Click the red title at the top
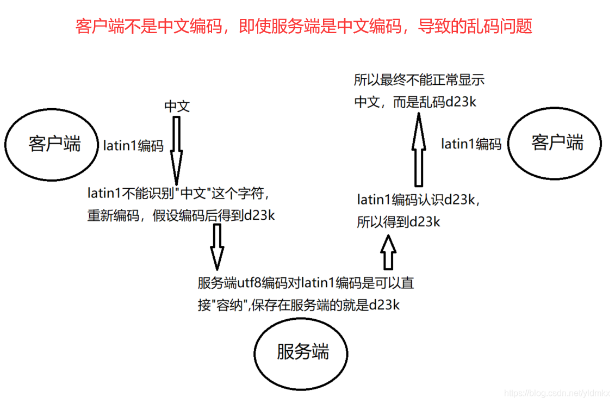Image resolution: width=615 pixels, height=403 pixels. (304, 26)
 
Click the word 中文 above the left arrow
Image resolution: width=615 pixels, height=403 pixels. (177, 106)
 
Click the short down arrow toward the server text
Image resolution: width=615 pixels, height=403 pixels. (217, 246)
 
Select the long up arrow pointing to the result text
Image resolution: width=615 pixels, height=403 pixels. (418, 150)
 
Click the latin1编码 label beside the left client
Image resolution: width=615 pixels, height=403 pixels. (133, 146)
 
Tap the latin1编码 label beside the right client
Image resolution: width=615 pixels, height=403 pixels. (471, 144)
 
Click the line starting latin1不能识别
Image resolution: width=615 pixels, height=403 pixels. (178, 193)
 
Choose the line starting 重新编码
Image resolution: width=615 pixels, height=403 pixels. (181, 215)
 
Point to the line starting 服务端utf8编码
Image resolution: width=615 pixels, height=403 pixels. (306, 283)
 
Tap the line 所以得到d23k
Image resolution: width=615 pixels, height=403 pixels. (399, 222)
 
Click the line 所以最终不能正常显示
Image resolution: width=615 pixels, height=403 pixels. (419, 81)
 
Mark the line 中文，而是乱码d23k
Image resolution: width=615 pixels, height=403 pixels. (415, 102)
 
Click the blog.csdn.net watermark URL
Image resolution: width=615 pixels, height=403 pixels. (557, 393)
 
